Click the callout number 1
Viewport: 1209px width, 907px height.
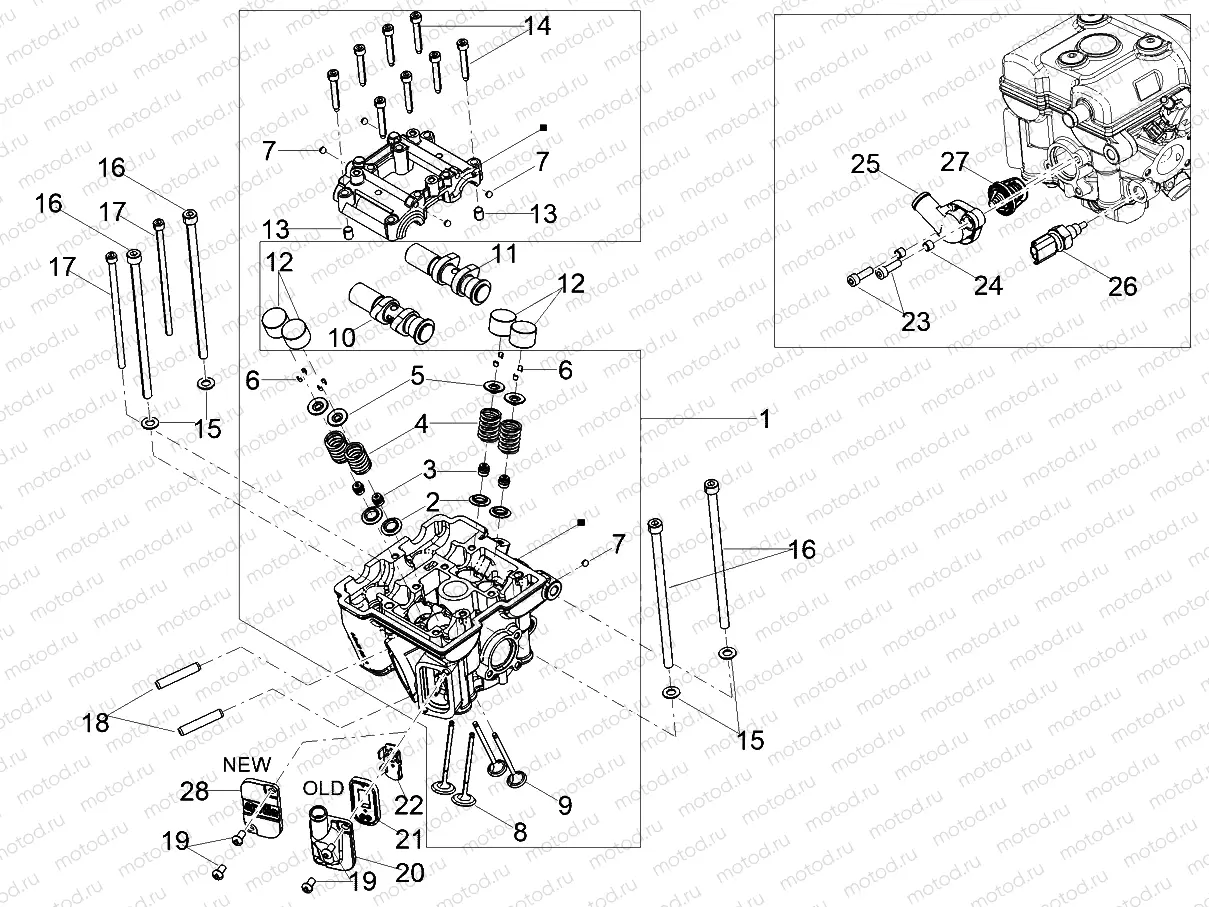point(765,421)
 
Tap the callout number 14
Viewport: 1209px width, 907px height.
point(537,27)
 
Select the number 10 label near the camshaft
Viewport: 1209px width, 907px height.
point(342,338)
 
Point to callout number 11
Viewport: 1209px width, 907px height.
point(505,254)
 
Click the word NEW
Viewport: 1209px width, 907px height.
point(247,764)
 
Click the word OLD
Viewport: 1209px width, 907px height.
point(324,787)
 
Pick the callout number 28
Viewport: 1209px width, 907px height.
point(194,792)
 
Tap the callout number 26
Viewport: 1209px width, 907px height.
point(1123,286)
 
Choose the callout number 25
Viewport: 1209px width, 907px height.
point(866,164)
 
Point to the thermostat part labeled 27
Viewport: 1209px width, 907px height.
point(1004,192)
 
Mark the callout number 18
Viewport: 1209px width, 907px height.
point(96,723)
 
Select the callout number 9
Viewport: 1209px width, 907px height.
point(565,805)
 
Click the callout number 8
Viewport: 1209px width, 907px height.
point(519,832)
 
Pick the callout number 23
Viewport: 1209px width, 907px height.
point(916,321)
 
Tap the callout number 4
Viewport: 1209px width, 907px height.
point(422,423)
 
